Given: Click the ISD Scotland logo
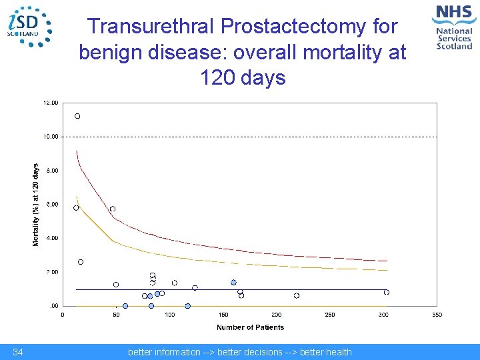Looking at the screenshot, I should pyautogui.click(x=29, y=26).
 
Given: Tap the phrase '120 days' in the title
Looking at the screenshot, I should pyautogui.click(x=243, y=78).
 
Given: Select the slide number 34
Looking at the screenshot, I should pyautogui.click(x=18, y=352).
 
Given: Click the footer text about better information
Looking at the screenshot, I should pyautogui.click(x=239, y=352).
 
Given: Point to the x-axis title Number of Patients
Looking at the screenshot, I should pyautogui.click(x=250, y=327).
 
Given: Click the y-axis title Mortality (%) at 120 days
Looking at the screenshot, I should pyautogui.click(x=36, y=205).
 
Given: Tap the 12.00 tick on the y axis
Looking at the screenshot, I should pyautogui.click(x=51, y=103).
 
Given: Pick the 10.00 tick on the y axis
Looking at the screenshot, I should pyautogui.click(x=51, y=137).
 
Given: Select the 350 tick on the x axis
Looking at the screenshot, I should pyautogui.click(x=437, y=315).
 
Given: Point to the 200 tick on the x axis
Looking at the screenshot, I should pyautogui.click(x=277, y=315).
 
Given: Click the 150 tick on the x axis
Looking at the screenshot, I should pyautogui.click(x=223, y=315).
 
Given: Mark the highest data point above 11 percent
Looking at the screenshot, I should pyautogui.click(x=77, y=116).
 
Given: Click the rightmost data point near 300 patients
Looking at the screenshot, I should pyautogui.click(x=386, y=292).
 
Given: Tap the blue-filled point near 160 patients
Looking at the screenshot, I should pyautogui.click(x=233, y=283).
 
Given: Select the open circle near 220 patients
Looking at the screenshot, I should pyautogui.click(x=297, y=295).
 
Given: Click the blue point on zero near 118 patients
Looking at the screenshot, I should pyautogui.click(x=188, y=306).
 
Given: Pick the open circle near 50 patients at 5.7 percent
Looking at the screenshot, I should pyautogui.click(x=113, y=209).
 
